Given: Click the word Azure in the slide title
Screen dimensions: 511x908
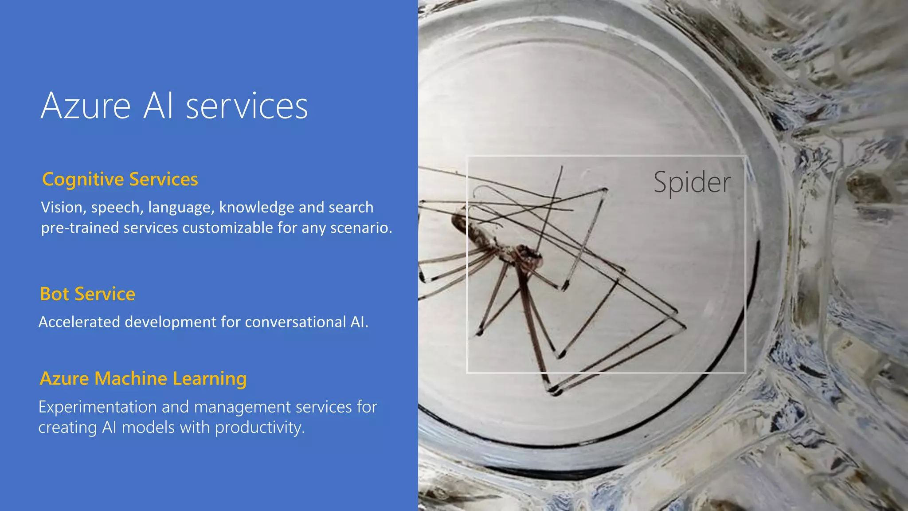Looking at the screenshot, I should [x=86, y=106].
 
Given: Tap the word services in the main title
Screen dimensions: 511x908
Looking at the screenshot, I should [x=247, y=107].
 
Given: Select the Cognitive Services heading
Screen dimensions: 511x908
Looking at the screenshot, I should [x=120, y=179].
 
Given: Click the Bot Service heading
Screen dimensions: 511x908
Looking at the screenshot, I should [x=87, y=294].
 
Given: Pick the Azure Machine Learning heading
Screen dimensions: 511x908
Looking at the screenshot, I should [x=143, y=378].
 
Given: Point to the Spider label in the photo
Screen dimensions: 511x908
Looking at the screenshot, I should [x=692, y=182].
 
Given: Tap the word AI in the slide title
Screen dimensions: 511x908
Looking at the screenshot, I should [x=158, y=106].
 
